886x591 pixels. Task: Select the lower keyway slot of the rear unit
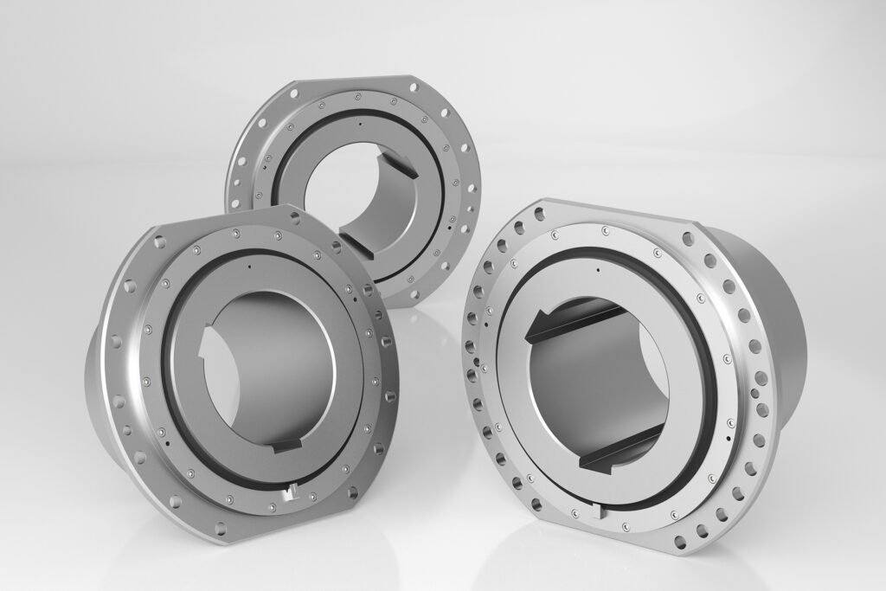pyautogui.click(x=353, y=244)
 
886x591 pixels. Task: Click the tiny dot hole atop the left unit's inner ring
pyautogui.click(x=249, y=268)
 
